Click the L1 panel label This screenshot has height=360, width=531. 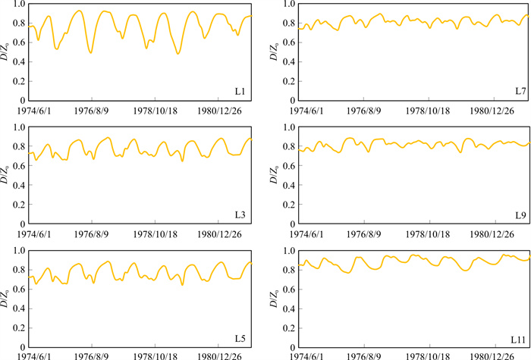tap(240, 92)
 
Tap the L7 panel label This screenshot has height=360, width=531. tap(520, 92)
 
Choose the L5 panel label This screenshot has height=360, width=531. tap(240, 338)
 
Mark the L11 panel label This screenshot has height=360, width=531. tap(518, 338)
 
